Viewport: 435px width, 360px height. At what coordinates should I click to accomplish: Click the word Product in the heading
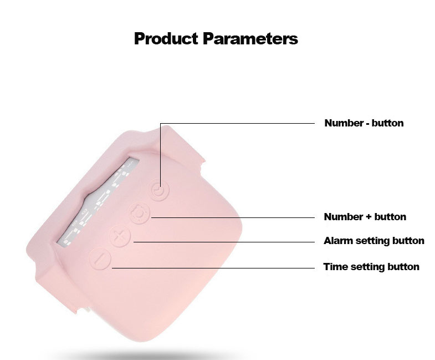click(166, 38)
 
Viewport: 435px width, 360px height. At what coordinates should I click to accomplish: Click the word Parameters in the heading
click(250, 38)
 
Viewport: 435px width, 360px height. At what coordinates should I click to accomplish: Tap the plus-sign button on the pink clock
click(120, 236)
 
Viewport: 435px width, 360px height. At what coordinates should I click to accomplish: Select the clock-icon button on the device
click(160, 190)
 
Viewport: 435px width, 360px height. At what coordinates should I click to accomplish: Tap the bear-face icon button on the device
click(140, 214)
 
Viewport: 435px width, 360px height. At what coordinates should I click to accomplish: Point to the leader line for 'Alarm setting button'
click(224, 242)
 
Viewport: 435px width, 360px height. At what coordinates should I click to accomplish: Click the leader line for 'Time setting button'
click(213, 268)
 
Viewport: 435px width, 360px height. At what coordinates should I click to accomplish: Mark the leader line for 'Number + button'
click(233, 218)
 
